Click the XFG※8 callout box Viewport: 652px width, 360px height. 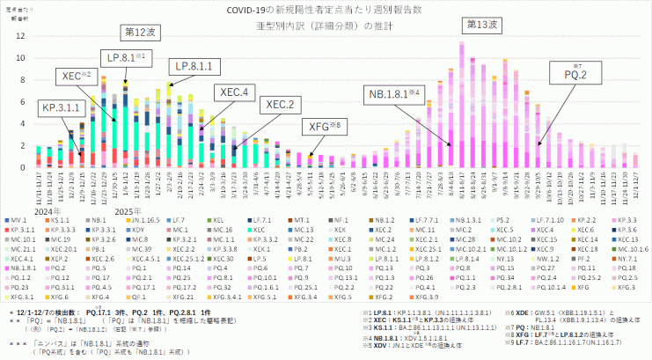pyautogui.click(x=324, y=127)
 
